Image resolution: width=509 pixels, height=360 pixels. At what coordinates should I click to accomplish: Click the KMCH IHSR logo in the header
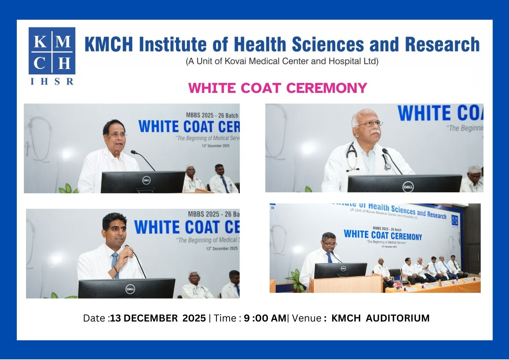pyautogui.click(x=52, y=56)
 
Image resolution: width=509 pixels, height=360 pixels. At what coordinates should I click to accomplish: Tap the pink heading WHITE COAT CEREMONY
pyautogui.click(x=277, y=88)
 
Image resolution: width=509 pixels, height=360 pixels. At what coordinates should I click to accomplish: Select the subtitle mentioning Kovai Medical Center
pyautogui.click(x=282, y=61)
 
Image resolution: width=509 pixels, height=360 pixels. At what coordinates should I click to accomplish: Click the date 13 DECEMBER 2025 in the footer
pyautogui.click(x=158, y=318)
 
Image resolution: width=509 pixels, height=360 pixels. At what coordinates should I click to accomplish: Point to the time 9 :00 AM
pyautogui.click(x=265, y=318)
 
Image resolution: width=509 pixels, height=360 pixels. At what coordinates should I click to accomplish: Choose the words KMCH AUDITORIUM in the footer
pyautogui.click(x=380, y=318)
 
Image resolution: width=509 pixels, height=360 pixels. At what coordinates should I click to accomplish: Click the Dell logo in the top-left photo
pyautogui.click(x=146, y=180)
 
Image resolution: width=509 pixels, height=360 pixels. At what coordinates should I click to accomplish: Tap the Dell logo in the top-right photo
pyautogui.click(x=408, y=187)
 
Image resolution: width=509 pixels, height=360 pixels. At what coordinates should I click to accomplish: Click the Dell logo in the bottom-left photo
pyautogui.click(x=130, y=289)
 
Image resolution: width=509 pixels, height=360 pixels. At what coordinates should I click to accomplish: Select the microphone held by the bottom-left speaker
pyautogui.click(x=128, y=247)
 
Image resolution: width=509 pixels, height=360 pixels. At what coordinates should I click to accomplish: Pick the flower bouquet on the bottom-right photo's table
pyautogui.click(x=397, y=285)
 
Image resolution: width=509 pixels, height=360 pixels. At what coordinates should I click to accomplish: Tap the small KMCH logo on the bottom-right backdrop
pyautogui.click(x=455, y=221)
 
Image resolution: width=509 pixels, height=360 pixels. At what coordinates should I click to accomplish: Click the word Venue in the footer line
pyautogui.click(x=306, y=318)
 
